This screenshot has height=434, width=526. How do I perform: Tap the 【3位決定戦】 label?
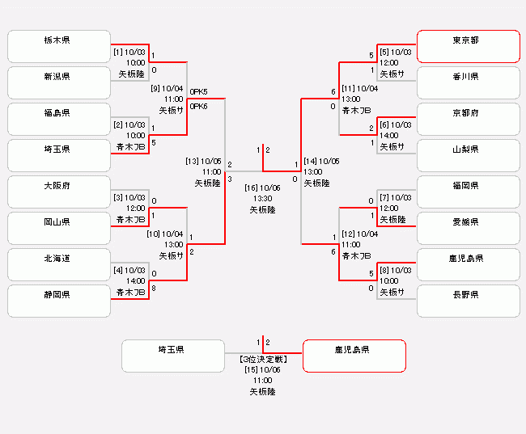click(263, 358)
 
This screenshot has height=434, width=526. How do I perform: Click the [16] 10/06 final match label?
click(263, 187)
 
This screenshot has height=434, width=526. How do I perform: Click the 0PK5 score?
click(198, 92)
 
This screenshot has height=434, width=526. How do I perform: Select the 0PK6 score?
click(198, 107)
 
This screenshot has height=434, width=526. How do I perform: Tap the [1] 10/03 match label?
click(129, 52)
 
